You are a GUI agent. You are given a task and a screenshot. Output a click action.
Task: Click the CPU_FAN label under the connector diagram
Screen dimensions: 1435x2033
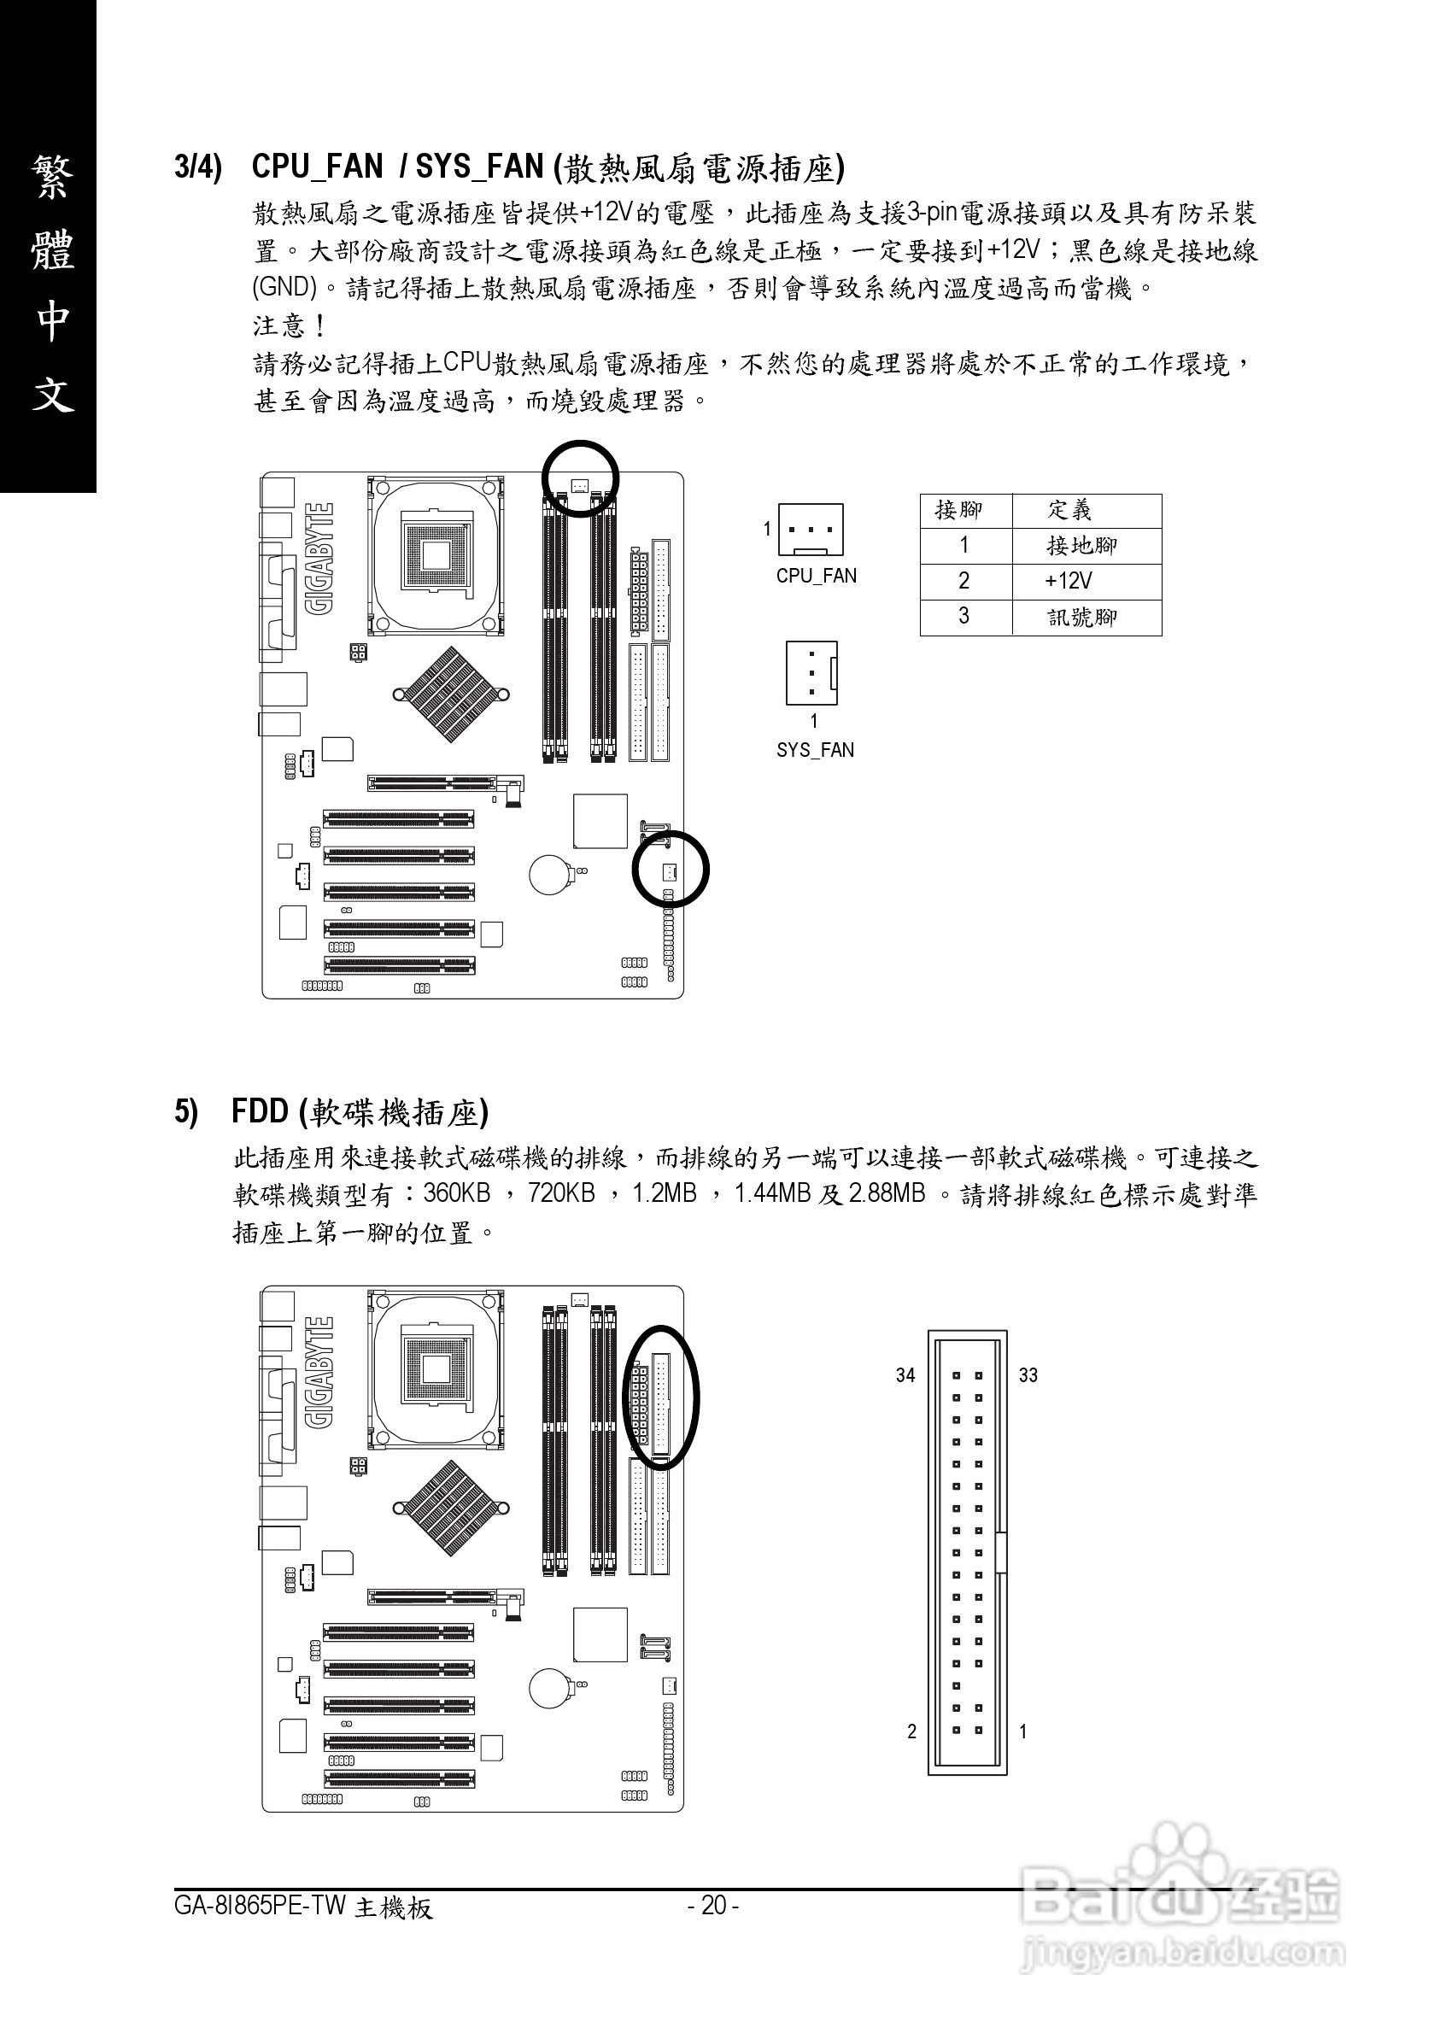click(x=817, y=576)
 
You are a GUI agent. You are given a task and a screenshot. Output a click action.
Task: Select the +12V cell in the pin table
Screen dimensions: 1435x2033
click(x=1069, y=581)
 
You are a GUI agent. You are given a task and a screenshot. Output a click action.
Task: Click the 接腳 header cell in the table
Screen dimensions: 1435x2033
click(x=958, y=510)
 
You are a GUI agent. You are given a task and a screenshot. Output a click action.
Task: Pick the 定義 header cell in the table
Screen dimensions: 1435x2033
click(x=1069, y=510)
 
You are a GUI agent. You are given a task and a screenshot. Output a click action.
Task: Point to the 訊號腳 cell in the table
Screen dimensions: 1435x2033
click(x=1081, y=617)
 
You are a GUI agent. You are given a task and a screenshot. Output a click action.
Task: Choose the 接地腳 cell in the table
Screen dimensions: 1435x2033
click(x=1081, y=546)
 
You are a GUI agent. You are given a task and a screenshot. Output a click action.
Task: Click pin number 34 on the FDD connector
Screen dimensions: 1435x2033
click(x=905, y=1375)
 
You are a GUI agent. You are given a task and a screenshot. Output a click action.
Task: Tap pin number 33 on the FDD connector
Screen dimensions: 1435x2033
click(x=1028, y=1375)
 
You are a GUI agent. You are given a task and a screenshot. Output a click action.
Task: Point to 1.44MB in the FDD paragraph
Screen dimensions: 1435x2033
click(x=772, y=1193)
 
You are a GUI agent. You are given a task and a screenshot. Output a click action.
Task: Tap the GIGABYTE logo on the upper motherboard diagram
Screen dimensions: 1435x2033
click(x=319, y=559)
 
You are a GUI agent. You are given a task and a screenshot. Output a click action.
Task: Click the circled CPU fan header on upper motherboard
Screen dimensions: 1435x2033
click(x=580, y=485)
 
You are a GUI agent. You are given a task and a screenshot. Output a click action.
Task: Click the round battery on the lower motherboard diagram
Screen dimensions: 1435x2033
click(x=549, y=1689)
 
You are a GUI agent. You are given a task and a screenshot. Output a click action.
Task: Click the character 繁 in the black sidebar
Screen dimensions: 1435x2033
click(x=52, y=178)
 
